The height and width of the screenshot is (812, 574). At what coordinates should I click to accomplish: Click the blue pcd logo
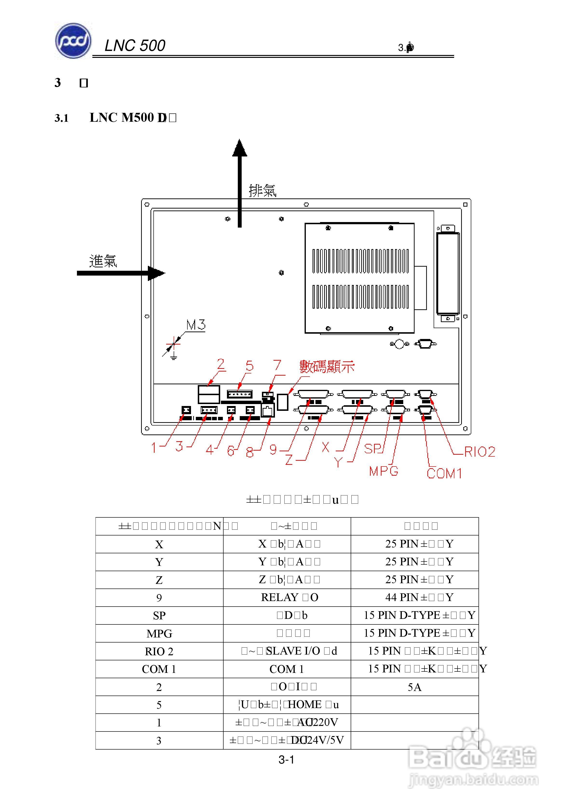pos(73,41)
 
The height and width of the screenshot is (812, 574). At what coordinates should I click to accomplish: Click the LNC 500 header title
pos(135,46)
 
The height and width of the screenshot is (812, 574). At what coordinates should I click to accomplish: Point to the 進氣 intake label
pos(103,261)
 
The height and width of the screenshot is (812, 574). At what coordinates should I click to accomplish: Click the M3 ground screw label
pos(196,325)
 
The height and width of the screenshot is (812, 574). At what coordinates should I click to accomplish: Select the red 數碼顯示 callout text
pos(327,367)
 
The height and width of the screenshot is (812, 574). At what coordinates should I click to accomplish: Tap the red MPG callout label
pos(384,471)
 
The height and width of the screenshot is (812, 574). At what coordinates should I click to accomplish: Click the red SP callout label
pos(372,448)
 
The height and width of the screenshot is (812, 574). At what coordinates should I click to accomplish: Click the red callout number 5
pos(250,366)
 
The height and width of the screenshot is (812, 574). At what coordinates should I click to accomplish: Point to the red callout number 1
pos(154,448)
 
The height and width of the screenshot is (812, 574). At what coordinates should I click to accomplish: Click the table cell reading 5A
pos(414,687)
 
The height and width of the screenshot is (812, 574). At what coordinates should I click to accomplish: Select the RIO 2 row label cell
pos(159,651)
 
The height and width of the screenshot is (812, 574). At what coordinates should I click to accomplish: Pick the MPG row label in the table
pos(159,633)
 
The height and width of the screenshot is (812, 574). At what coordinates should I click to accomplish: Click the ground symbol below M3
pos(173,357)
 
